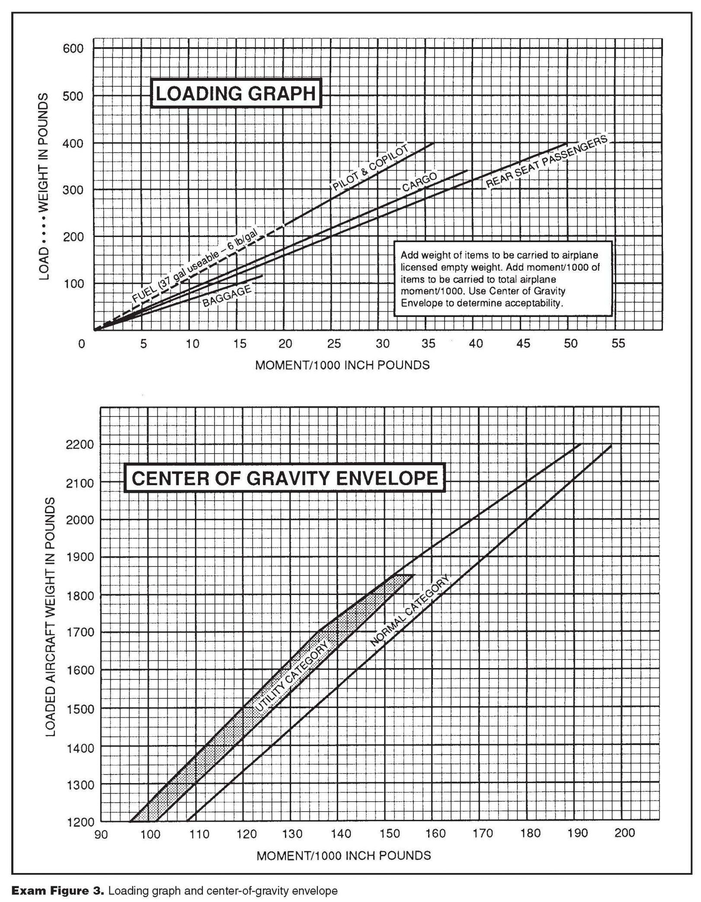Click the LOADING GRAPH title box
click(x=236, y=93)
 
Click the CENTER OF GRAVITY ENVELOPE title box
click(x=285, y=479)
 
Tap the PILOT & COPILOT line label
click(x=370, y=168)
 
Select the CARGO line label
click(x=419, y=181)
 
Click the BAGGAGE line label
click(x=227, y=296)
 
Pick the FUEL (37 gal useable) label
click(x=195, y=266)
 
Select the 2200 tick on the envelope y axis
click(x=80, y=445)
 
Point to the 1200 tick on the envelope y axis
click(x=80, y=821)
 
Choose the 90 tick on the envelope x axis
click(x=101, y=834)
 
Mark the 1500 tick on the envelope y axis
click(x=80, y=708)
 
